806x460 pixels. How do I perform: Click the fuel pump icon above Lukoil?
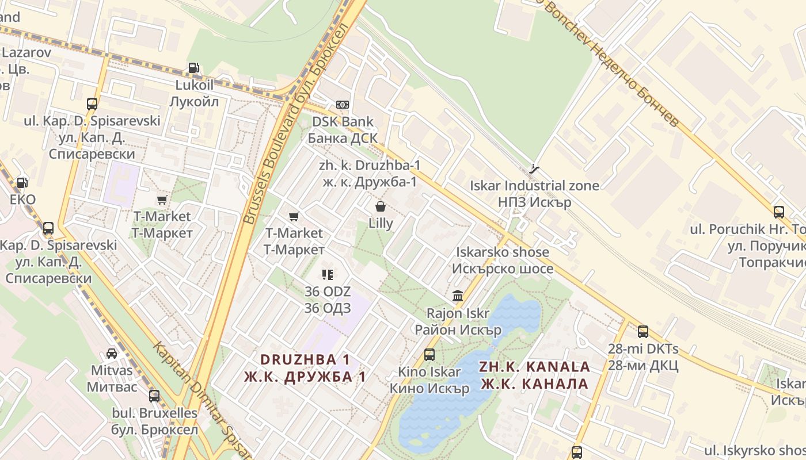click(193, 68)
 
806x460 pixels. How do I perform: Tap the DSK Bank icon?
click(343, 104)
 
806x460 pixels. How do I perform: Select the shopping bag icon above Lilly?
click(381, 206)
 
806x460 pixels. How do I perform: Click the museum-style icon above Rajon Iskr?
click(458, 296)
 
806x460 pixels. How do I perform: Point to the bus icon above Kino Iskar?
click(429, 354)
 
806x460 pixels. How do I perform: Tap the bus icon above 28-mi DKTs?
click(643, 331)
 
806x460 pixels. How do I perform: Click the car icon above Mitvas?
click(112, 353)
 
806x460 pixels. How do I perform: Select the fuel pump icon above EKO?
click(22, 183)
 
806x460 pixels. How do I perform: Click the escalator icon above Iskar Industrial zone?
click(534, 168)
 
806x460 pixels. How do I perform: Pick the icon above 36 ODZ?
click(328, 274)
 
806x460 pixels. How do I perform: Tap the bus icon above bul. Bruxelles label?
click(154, 396)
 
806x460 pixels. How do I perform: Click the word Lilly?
click(381, 223)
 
